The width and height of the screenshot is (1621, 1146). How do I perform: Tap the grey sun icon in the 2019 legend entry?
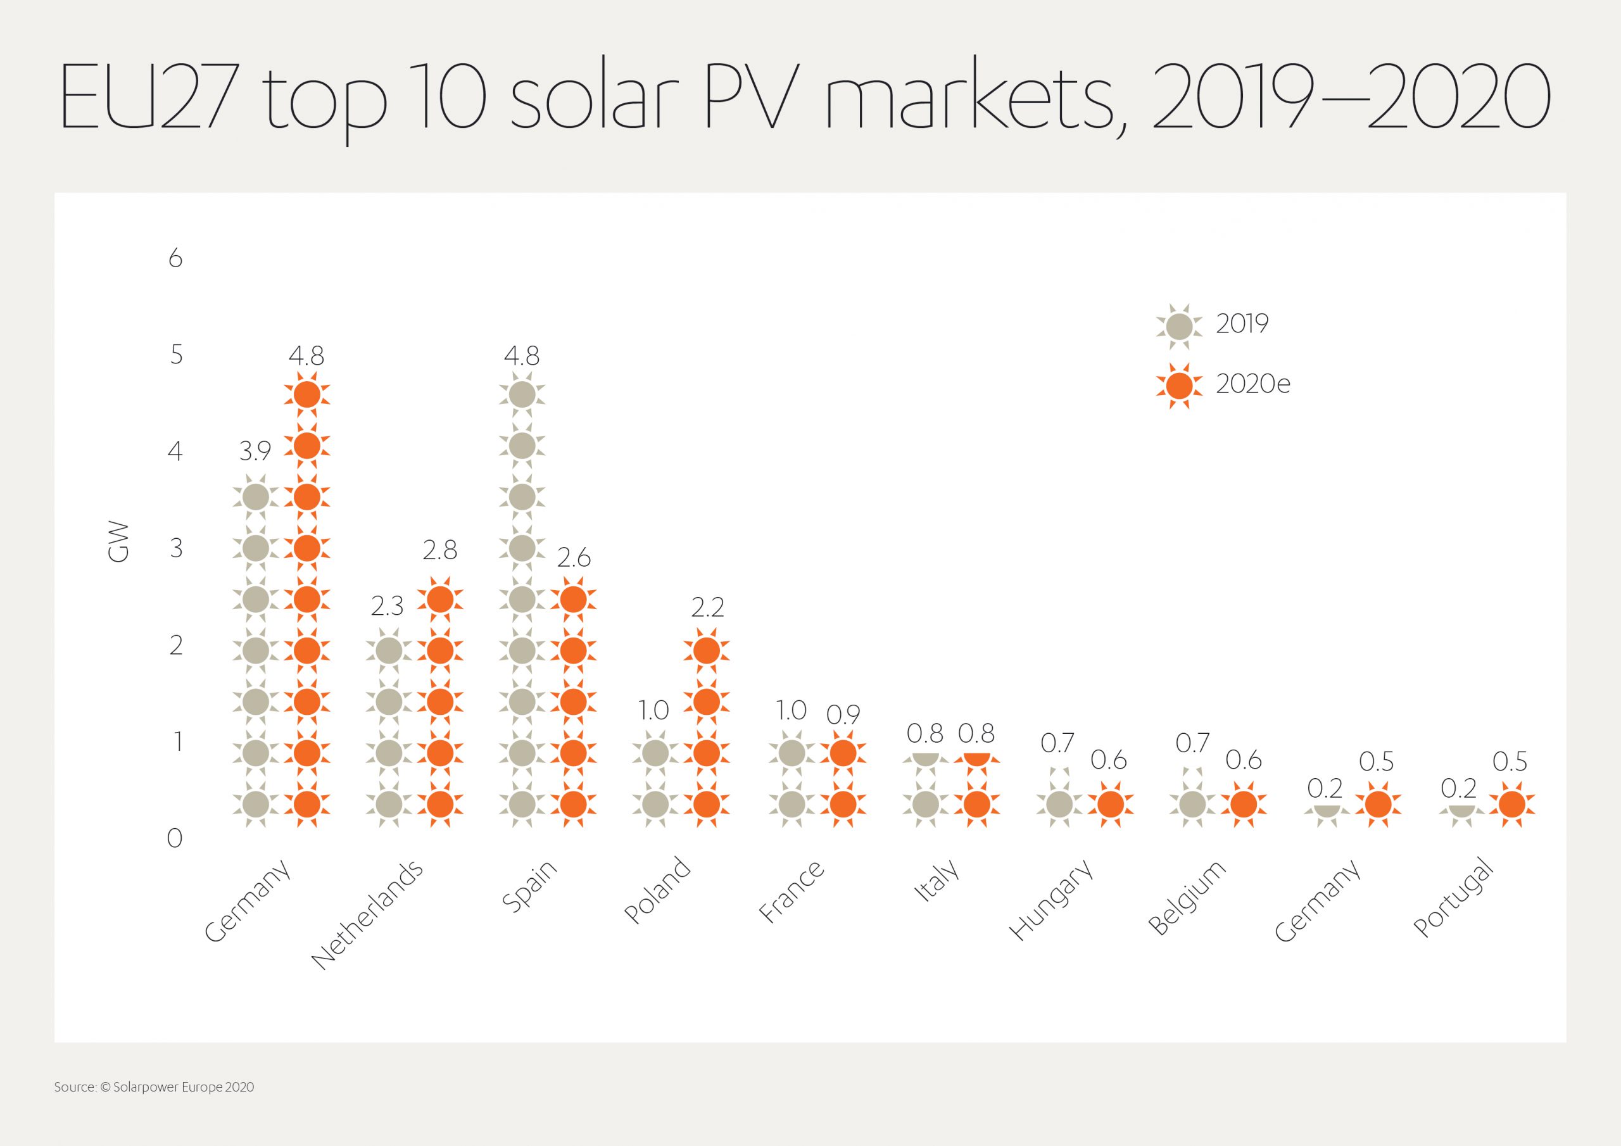pyautogui.click(x=1178, y=326)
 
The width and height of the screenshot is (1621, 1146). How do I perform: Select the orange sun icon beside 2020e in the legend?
pyautogui.click(x=1178, y=386)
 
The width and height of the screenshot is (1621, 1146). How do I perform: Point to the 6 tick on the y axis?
pyautogui.click(x=175, y=259)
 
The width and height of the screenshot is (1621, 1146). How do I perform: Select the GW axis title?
pyautogui.click(x=118, y=542)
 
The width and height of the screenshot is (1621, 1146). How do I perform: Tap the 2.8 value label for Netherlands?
pyautogui.click(x=440, y=550)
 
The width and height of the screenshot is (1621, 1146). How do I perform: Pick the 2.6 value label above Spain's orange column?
pyautogui.click(x=573, y=558)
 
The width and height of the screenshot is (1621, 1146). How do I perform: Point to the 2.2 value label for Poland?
pyautogui.click(x=707, y=607)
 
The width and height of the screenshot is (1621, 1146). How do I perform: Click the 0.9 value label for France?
pyautogui.click(x=842, y=715)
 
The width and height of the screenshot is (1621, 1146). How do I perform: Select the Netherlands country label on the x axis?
pyautogui.click(x=367, y=914)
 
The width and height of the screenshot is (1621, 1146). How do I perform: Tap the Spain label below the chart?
pyautogui.click(x=529, y=886)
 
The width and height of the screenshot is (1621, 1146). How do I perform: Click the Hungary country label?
pyautogui.click(x=1051, y=900)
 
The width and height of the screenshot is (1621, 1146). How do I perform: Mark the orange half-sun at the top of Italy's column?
pyautogui.click(x=976, y=759)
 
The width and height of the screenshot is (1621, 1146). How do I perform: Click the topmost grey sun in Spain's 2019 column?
pyautogui.click(x=522, y=394)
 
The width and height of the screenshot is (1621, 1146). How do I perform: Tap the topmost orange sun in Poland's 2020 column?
pyautogui.click(x=707, y=650)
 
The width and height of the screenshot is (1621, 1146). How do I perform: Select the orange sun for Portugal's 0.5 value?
pyautogui.click(x=1511, y=803)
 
